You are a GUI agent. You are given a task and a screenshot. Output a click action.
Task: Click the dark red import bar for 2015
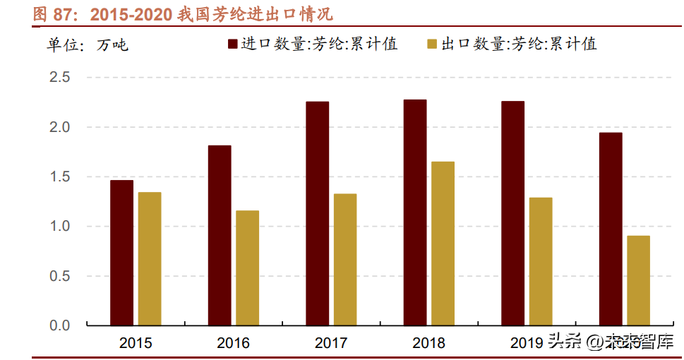(121, 253)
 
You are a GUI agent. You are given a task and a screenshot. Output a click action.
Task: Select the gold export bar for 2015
(150, 258)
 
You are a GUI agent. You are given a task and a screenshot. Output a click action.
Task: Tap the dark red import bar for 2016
(220, 235)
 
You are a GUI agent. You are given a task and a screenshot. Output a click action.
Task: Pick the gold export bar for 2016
(247, 268)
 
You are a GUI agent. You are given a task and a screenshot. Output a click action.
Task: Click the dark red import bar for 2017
(317, 213)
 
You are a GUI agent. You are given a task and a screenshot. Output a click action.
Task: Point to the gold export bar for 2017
(345, 259)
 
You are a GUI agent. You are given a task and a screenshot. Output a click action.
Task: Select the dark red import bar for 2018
(415, 212)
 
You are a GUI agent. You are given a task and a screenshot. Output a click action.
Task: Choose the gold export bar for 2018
(443, 244)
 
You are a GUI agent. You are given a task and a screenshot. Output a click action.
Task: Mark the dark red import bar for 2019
(512, 213)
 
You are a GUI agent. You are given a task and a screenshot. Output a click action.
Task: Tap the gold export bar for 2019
(541, 261)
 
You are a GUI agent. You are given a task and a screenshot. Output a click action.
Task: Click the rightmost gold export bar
(638, 280)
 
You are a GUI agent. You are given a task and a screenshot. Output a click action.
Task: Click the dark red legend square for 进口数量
(232, 44)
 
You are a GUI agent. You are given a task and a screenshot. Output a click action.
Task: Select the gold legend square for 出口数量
(432, 44)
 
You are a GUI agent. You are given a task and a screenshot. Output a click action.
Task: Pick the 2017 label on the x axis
(331, 344)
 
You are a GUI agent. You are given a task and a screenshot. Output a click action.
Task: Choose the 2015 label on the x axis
(136, 344)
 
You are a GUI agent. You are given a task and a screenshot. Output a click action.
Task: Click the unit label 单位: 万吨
(88, 46)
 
